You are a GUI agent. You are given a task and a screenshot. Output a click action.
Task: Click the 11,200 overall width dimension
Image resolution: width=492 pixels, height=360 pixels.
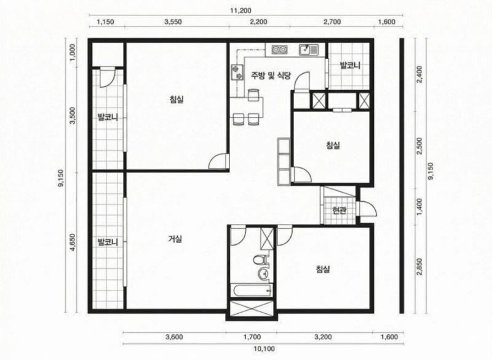point(240,10)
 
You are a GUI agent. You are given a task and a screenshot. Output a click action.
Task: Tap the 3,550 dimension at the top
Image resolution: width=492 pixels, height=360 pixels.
point(173,22)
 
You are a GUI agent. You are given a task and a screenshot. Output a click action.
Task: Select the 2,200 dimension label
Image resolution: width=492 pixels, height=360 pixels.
point(259,22)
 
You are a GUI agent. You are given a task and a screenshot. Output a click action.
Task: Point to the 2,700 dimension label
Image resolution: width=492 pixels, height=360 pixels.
point(332,22)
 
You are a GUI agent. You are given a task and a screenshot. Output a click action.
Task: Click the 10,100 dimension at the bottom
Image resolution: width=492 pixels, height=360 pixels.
point(264,349)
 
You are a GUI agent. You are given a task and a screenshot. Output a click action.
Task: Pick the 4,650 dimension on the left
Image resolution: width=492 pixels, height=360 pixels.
point(73,242)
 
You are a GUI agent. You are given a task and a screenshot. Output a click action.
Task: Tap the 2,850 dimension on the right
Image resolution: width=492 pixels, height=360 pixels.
point(420,267)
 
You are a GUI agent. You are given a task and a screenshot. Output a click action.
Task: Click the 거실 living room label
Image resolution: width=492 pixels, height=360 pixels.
point(175,239)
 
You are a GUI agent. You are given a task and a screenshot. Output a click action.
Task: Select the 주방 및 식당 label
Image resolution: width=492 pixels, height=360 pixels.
point(271,75)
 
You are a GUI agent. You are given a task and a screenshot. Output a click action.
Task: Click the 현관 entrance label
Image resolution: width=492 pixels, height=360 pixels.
point(339,210)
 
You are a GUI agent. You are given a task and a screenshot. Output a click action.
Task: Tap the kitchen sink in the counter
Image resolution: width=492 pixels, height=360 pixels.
point(308,50)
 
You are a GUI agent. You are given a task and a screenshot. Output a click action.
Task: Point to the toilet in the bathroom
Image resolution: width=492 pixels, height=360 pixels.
point(260,260)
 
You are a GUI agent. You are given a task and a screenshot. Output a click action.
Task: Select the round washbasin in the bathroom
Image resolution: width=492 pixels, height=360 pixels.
point(263,274)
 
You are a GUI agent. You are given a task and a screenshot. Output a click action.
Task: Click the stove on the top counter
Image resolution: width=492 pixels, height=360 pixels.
point(280,50)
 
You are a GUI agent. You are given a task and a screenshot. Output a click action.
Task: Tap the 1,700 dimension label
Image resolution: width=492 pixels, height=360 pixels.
point(252,337)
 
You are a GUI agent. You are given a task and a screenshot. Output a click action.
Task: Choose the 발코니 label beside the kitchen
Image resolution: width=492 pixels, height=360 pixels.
point(350,66)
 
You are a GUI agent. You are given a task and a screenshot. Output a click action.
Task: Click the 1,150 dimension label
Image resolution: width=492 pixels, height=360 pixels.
point(105,22)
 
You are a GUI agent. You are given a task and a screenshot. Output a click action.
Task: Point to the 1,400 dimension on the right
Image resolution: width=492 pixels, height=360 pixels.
point(420,207)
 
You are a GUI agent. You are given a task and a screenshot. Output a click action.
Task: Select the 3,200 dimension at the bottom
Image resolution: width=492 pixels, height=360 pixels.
point(323,337)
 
